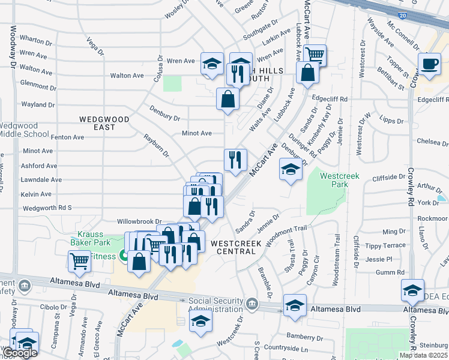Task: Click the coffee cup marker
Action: (429, 64)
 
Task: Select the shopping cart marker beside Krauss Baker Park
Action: (80, 261)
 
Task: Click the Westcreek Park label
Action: (334, 180)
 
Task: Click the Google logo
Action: (20, 353)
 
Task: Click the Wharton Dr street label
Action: (36, 40)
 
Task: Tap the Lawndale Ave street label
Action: (41, 179)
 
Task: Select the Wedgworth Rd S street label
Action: (47, 208)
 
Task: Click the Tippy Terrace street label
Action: (385, 245)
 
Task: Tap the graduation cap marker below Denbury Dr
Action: (291, 170)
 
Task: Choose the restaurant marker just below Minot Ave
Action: (235, 160)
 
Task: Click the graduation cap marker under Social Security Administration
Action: (200, 322)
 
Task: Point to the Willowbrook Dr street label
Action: (139, 221)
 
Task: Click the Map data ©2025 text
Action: (423, 355)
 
